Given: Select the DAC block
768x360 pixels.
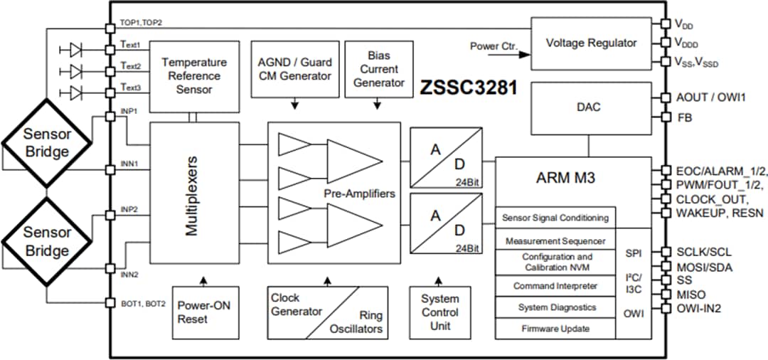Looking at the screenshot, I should (x=590, y=107).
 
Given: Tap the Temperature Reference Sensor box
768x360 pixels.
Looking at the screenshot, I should (x=184, y=76).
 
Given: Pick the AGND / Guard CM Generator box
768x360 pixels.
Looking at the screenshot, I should (x=294, y=70).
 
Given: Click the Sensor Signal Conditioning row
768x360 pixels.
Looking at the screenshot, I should (x=555, y=218).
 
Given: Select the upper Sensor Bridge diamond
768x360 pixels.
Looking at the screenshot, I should (x=46, y=142).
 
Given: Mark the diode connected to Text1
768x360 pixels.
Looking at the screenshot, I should (x=75, y=49).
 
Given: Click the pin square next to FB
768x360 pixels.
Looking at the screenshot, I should (x=665, y=117).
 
